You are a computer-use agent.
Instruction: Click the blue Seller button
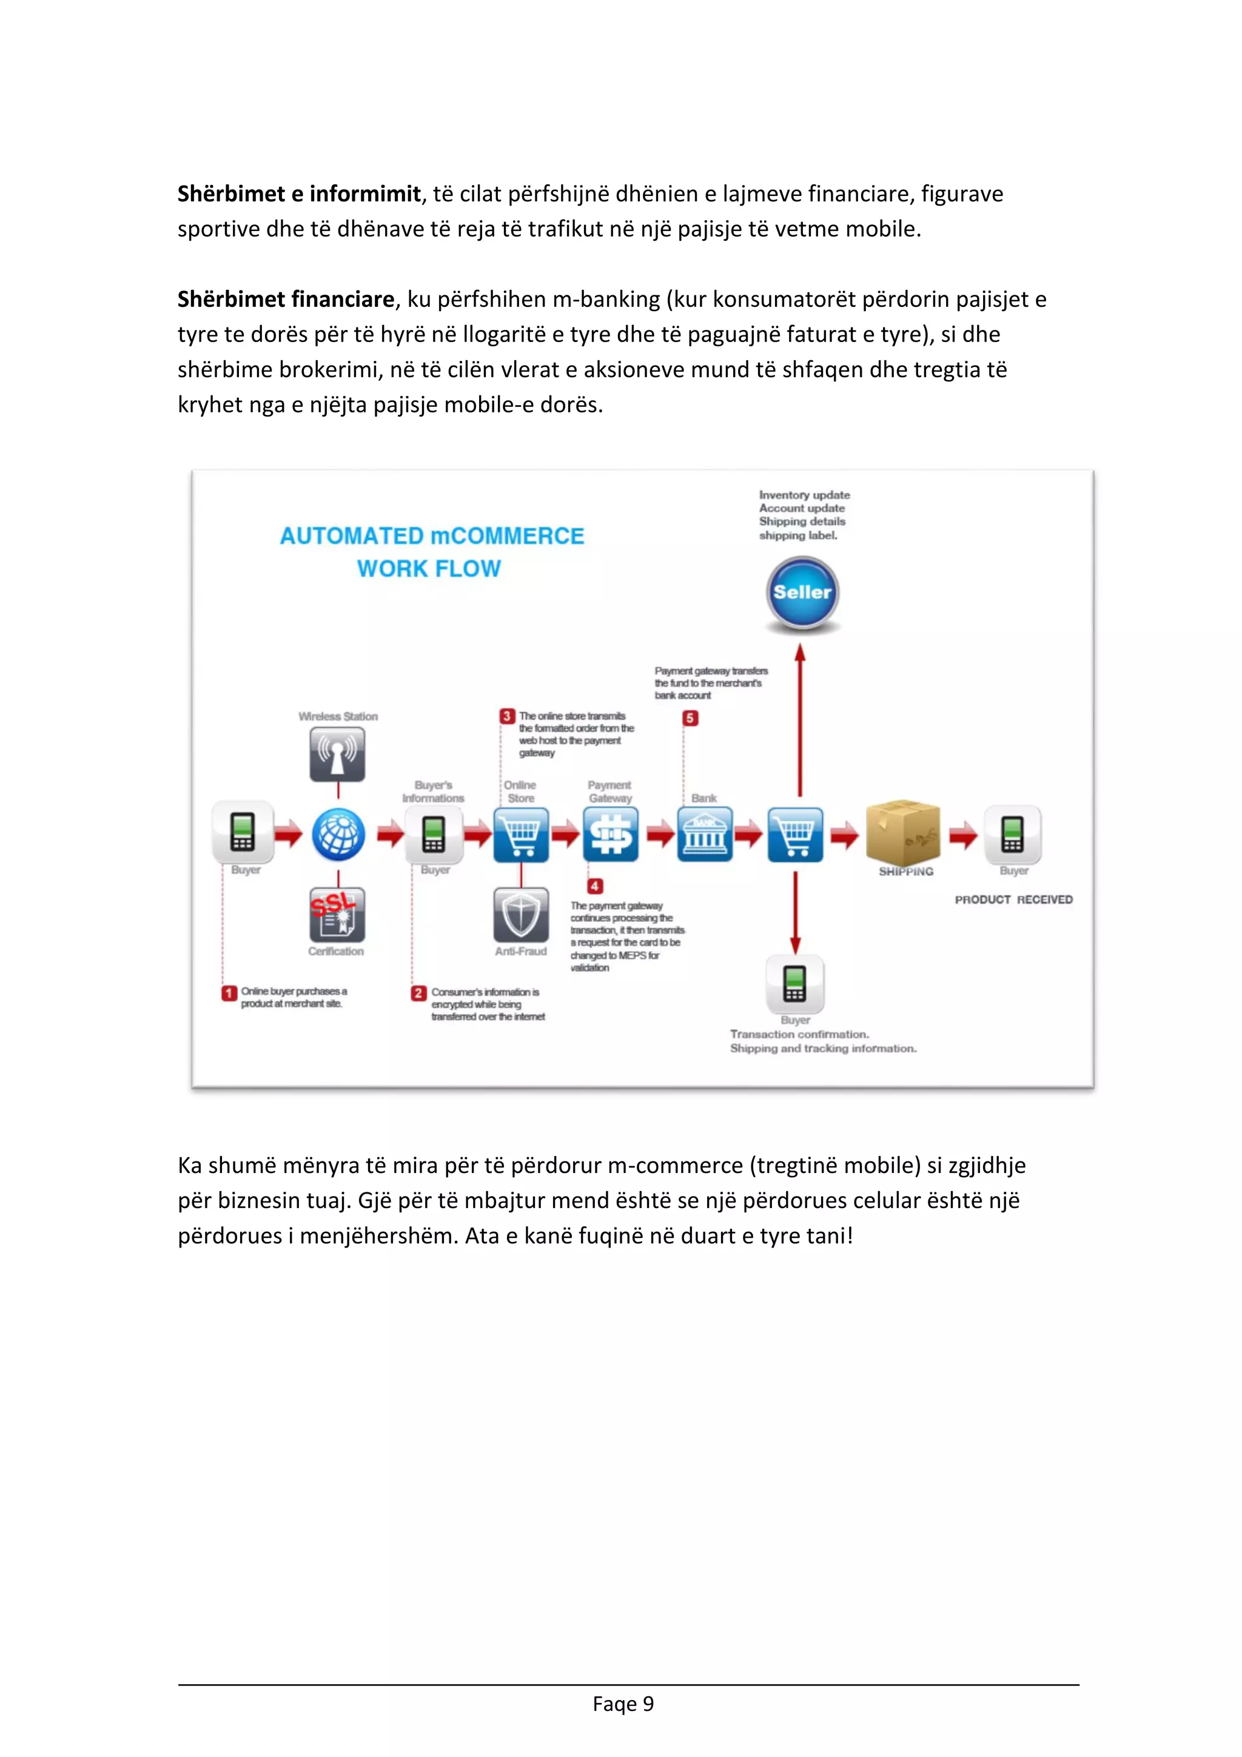click(x=802, y=593)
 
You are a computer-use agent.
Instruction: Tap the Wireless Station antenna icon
click(x=337, y=753)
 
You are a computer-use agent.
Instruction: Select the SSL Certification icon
click(x=337, y=915)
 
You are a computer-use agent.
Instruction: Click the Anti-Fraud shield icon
click(x=521, y=915)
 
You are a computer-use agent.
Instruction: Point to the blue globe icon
click(x=338, y=833)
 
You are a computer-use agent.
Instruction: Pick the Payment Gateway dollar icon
click(x=611, y=833)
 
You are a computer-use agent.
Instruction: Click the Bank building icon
click(x=704, y=833)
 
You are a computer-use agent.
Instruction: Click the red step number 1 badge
click(x=229, y=993)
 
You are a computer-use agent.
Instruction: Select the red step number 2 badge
click(x=418, y=993)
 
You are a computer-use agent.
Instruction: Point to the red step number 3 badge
click(x=506, y=716)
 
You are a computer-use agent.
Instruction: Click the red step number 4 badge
click(x=594, y=886)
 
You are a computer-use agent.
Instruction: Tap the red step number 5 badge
click(x=690, y=718)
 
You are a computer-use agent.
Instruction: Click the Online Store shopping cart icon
click(x=521, y=833)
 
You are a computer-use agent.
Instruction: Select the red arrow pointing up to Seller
click(x=800, y=719)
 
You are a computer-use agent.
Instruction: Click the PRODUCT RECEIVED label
click(x=1013, y=900)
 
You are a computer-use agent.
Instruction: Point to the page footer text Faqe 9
click(x=623, y=1704)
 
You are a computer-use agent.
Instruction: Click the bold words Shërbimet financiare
click(x=286, y=299)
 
